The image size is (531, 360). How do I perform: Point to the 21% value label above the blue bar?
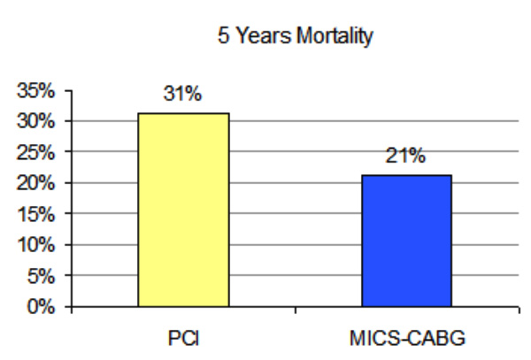[x=406, y=157]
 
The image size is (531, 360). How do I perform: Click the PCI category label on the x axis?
[x=183, y=338]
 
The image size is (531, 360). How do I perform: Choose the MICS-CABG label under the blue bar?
[x=406, y=338]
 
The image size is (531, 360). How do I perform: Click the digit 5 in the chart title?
[x=221, y=38]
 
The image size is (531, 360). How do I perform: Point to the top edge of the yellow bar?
[x=182, y=114]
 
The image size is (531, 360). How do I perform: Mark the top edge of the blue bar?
[x=406, y=175]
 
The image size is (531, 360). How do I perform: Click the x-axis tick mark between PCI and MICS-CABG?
[x=295, y=310]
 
